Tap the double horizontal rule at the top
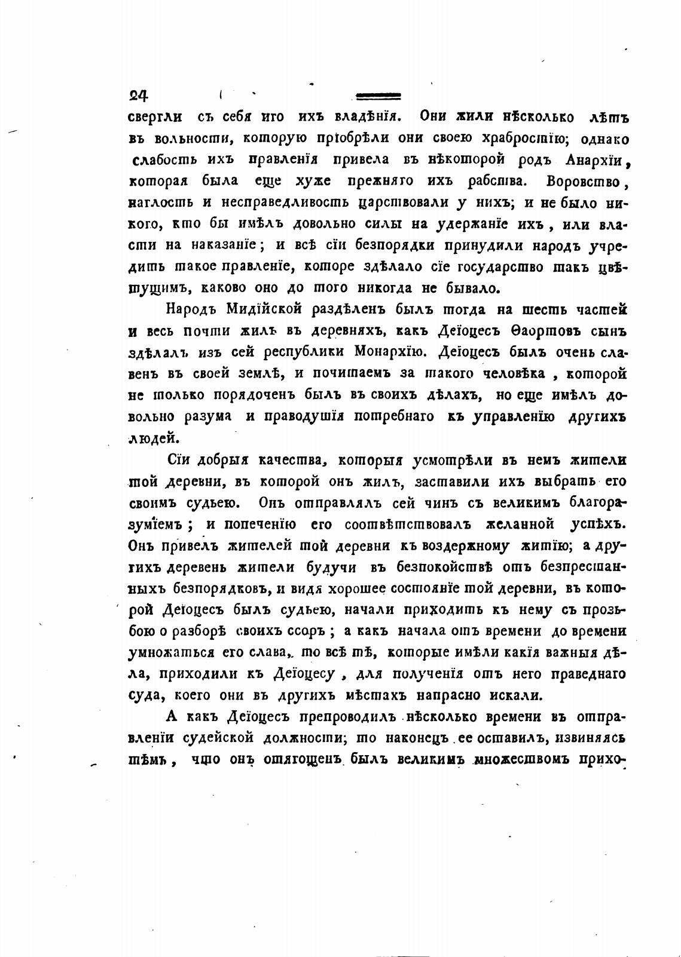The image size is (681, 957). point(378,96)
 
